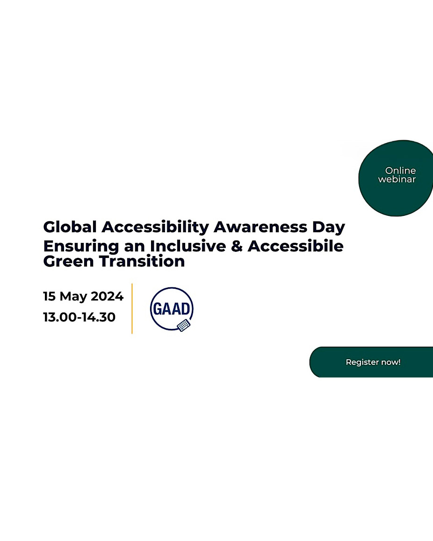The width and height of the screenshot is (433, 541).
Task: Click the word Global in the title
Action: [70, 227]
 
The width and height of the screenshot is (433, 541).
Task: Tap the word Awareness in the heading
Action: [260, 227]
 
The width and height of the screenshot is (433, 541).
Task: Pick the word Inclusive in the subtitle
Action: [188, 246]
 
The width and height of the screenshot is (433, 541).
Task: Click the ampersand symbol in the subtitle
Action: [237, 246]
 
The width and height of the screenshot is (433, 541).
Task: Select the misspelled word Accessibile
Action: [296, 246]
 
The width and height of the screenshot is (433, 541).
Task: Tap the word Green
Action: [68, 262]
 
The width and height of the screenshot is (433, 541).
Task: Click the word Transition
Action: [142, 262]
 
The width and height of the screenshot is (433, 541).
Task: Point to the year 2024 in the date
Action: [107, 296]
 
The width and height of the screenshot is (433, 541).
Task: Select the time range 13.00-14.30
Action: [79, 317]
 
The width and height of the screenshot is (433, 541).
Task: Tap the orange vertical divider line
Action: [132, 308]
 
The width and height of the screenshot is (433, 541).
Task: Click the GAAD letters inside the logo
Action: [172, 309]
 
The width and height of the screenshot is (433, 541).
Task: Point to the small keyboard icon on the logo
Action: [184, 325]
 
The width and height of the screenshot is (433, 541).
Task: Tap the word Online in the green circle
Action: [401, 171]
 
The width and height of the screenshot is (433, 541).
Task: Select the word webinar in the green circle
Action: [397, 179]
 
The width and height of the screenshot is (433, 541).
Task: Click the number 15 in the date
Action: [50, 296]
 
